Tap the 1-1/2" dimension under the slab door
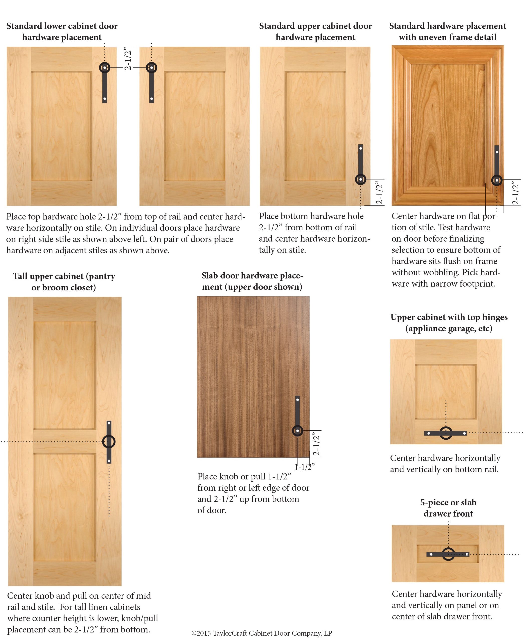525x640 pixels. [x=304, y=467]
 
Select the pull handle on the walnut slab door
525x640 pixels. [x=298, y=416]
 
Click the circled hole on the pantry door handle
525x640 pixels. [x=109, y=441]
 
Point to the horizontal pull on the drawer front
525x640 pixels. [x=448, y=554]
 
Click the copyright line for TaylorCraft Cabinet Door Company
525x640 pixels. [x=262, y=633]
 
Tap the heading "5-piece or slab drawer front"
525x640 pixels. [x=448, y=508]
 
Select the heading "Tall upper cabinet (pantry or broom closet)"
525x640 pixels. [x=64, y=282]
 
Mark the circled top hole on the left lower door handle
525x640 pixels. [x=105, y=68]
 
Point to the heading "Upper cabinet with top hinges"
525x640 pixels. [x=449, y=317]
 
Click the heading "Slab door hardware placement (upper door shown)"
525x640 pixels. [x=252, y=281]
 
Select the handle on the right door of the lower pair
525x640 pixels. [x=151, y=83]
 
